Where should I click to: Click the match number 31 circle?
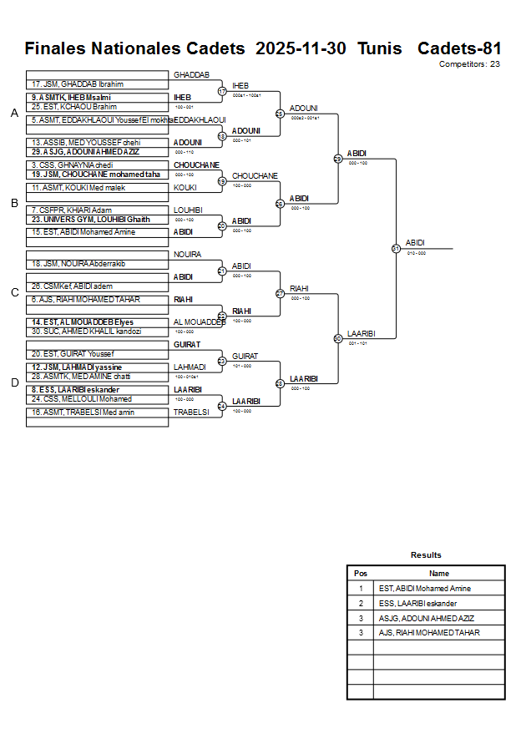pyautogui.click(x=396, y=248)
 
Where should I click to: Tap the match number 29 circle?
pyautogui.click(x=338, y=159)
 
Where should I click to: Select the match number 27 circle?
pyautogui.click(x=281, y=293)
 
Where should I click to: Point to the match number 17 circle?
pyautogui.click(x=222, y=91)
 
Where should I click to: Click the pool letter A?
pyautogui.click(x=14, y=114)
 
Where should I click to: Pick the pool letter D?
pyautogui.click(x=14, y=382)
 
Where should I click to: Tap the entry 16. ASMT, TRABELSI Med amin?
pyautogui.click(x=83, y=412)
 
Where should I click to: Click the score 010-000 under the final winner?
pyautogui.click(x=417, y=253)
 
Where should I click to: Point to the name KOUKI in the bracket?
pyautogui.click(x=185, y=188)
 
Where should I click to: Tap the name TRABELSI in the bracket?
pyautogui.click(x=191, y=412)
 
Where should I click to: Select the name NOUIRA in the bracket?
pyautogui.click(x=187, y=254)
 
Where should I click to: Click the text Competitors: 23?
pyautogui.click(x=469, y=64)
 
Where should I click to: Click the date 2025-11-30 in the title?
pyautogui.click(x=301, y=48)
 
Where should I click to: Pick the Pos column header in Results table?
pyautogui.click(x=360, y=574)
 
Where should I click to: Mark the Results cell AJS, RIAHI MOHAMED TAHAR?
pyautogui.click(x=429, y=633)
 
